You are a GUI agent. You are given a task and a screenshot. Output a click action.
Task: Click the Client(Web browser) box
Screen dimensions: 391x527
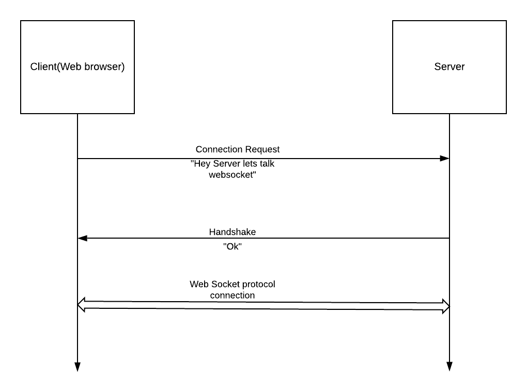[78, 88]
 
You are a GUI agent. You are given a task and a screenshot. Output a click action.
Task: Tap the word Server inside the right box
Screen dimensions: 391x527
[449, 67]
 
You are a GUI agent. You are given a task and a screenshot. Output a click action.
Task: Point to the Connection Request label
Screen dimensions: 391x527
[238, 149]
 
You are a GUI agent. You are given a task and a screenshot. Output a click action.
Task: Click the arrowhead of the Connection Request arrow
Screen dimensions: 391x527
[444, 159]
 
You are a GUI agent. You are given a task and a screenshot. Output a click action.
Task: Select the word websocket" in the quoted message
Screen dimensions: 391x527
[233, 175]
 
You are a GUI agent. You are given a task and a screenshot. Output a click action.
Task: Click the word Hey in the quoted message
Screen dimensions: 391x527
[200, 164]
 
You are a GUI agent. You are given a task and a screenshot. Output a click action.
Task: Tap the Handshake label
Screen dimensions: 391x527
[232, 232]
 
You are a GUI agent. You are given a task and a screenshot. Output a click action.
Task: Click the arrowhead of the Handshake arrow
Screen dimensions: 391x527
[83, 238]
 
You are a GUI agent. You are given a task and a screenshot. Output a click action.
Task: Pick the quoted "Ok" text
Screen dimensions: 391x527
[232, 247]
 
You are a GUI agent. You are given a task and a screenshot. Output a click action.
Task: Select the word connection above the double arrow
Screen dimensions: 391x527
[232, 295]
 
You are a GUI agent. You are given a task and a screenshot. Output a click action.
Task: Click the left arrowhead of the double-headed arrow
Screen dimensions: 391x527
[81, 305]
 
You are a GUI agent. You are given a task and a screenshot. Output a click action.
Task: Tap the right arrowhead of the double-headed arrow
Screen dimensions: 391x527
[446, 306]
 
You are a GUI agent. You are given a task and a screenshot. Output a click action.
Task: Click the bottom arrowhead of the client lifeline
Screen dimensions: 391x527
[78, 367]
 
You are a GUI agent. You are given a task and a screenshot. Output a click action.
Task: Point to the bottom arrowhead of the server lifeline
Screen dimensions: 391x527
[449, 367]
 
